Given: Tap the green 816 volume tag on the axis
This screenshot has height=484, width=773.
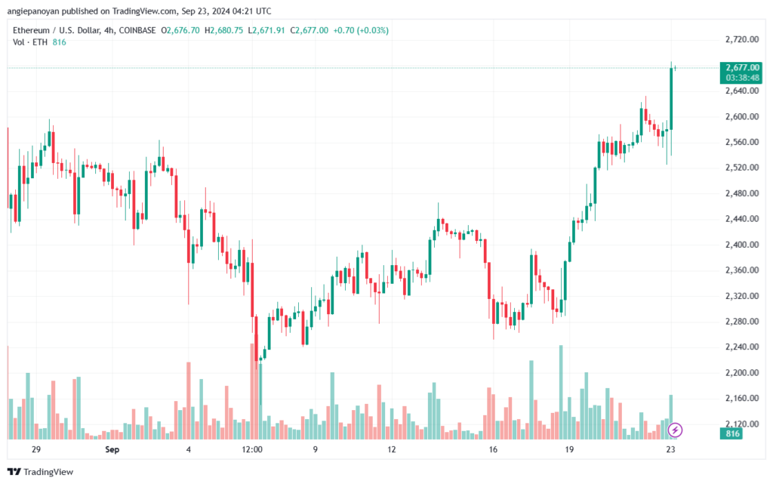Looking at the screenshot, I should [732, 435].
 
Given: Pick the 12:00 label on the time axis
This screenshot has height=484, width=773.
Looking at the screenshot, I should [251, 449].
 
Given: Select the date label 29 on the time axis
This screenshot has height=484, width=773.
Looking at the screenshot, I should [36, 449].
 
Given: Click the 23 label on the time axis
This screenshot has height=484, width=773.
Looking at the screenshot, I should [670, 449].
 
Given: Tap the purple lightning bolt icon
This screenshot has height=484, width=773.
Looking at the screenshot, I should [676, 430].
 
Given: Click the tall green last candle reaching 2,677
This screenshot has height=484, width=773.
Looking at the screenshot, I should [670, 98].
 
